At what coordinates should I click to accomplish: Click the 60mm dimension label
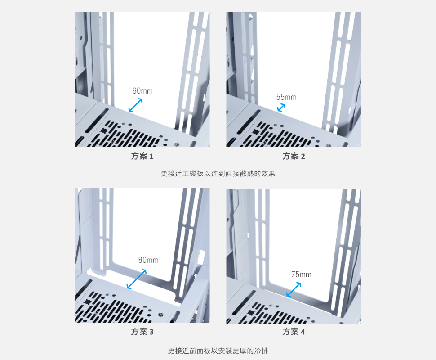click(x=142, y=91)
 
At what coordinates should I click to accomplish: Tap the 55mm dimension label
click(x=286, y=97)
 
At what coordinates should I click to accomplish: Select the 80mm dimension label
click(x=148, y=260)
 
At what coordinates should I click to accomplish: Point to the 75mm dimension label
click(x=301, y=274)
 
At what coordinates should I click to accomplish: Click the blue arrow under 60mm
click(x=135, y=105)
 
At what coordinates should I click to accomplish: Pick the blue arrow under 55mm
click(x=281, y=108)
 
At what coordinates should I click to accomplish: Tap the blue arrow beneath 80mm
click(x=137, y=279)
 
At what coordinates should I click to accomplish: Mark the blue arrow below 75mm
click(x=294, y=290)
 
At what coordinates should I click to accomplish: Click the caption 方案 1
click(x=142, y=156)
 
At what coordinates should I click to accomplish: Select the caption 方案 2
click(x=294, y=156)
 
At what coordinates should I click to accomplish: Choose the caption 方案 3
click(x=142, y=332)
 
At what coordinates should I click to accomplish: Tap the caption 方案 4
click(x=294, y=332)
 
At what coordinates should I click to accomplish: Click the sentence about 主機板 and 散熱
click(x=218, y=173)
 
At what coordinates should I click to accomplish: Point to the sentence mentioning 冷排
click(x=218, y=351)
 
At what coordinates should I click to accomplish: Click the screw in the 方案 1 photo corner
click(x=177, y=144)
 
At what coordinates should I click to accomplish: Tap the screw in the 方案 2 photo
click(x=329, y=145)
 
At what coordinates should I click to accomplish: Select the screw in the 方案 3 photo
click(x=160, y=315)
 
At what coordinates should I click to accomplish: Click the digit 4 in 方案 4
click(x=303, y=332)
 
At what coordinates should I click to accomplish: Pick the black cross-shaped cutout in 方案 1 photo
click(x=104, y=130)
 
